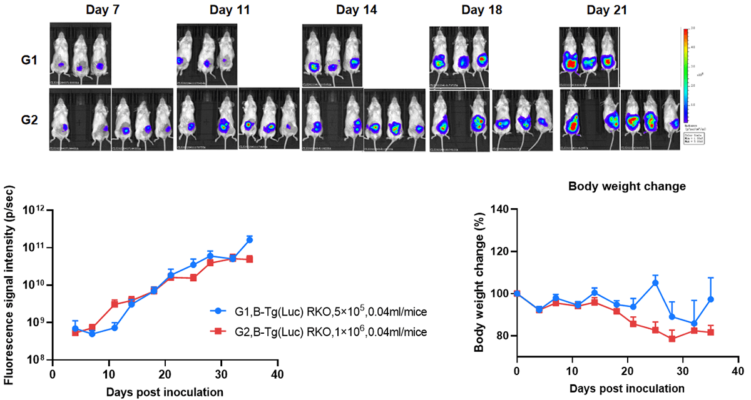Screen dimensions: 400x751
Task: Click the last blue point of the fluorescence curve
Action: [250, 240]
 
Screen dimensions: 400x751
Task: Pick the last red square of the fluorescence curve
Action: [250, 259]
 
